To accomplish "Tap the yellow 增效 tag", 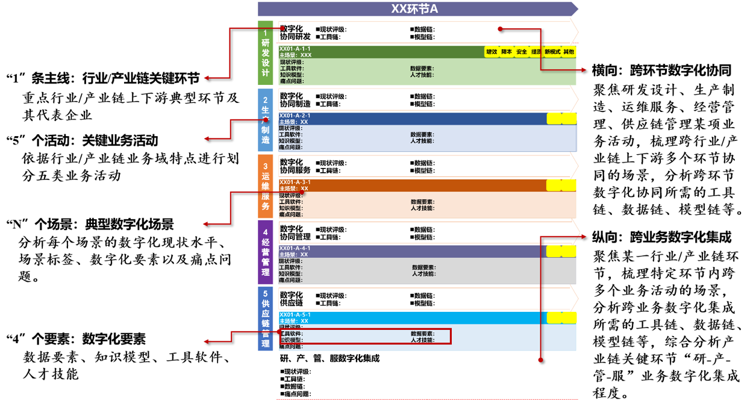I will point(492,52).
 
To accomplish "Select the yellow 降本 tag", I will point(507,52).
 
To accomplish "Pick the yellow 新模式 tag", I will point(552,52).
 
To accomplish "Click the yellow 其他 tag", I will point(568,52).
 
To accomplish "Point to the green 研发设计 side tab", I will point(266,53).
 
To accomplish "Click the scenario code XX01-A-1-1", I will point(295,48).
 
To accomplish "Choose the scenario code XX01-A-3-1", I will point(295,182).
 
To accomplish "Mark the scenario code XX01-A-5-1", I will point(295,315).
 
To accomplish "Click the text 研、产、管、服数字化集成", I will point(330,358).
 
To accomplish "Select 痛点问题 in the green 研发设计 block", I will point(292,81).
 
